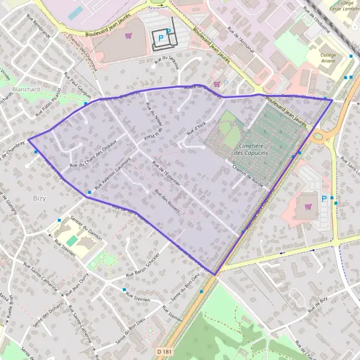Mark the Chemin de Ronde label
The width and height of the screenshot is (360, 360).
point(248,176)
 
